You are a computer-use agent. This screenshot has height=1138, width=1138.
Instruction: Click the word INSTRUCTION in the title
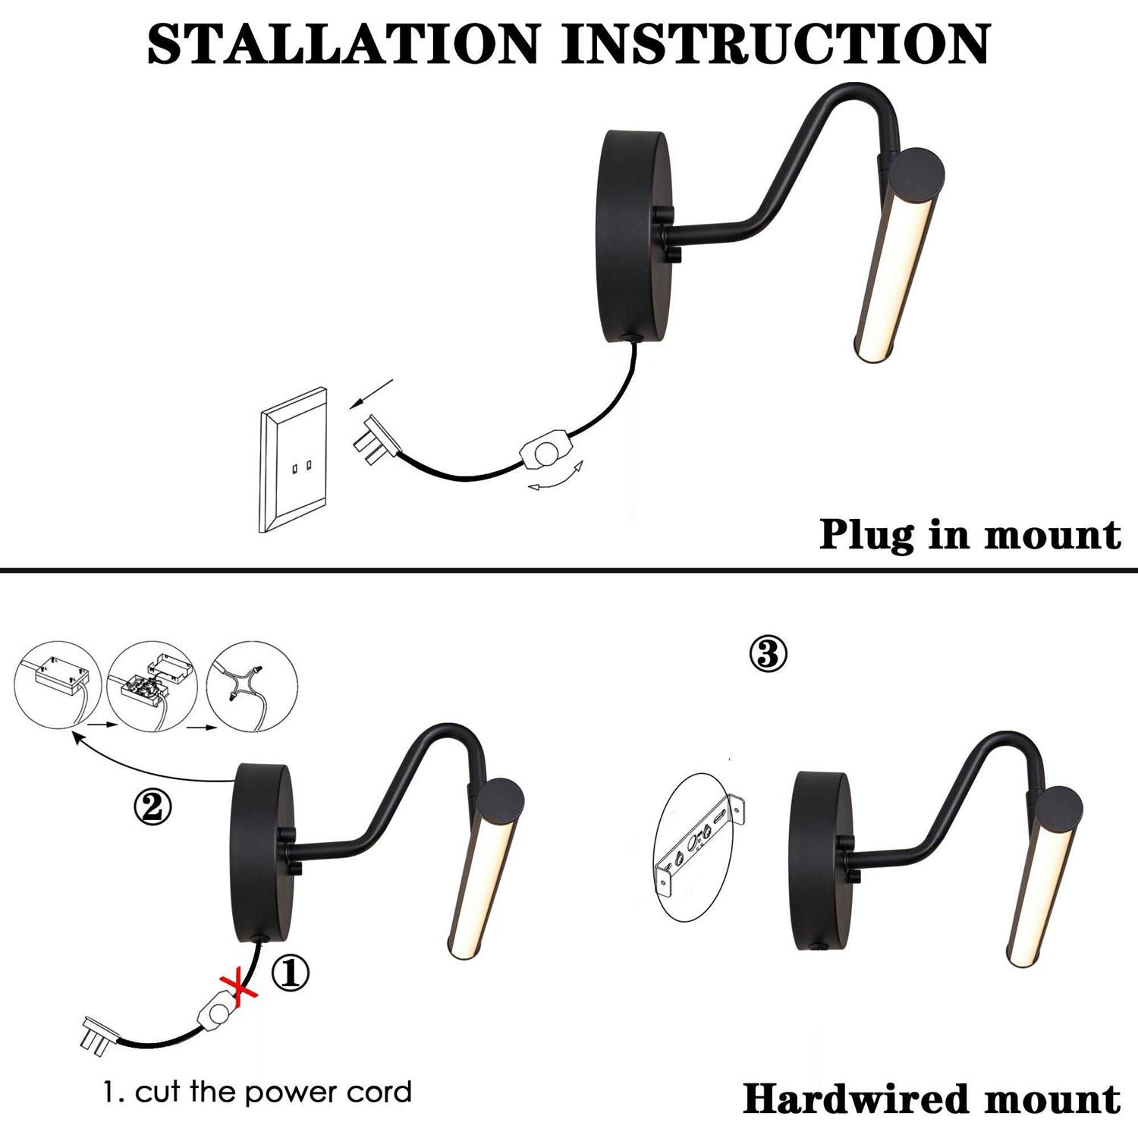click(775, 44)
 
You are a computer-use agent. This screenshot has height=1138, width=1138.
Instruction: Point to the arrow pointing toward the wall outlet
click(372, 394)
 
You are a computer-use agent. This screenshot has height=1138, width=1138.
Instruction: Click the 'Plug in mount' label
click(969, 535)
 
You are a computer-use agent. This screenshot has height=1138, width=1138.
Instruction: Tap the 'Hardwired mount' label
click(931, 1099)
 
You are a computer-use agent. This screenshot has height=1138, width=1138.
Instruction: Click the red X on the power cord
click(237, 988)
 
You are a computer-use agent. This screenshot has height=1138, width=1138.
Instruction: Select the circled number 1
click(291, 973)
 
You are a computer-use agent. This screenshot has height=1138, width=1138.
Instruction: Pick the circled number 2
click(152, 806)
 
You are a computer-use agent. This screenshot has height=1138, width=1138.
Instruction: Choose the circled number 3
click(768, 653)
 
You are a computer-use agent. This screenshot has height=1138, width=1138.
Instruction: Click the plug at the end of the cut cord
click(97, 1036)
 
